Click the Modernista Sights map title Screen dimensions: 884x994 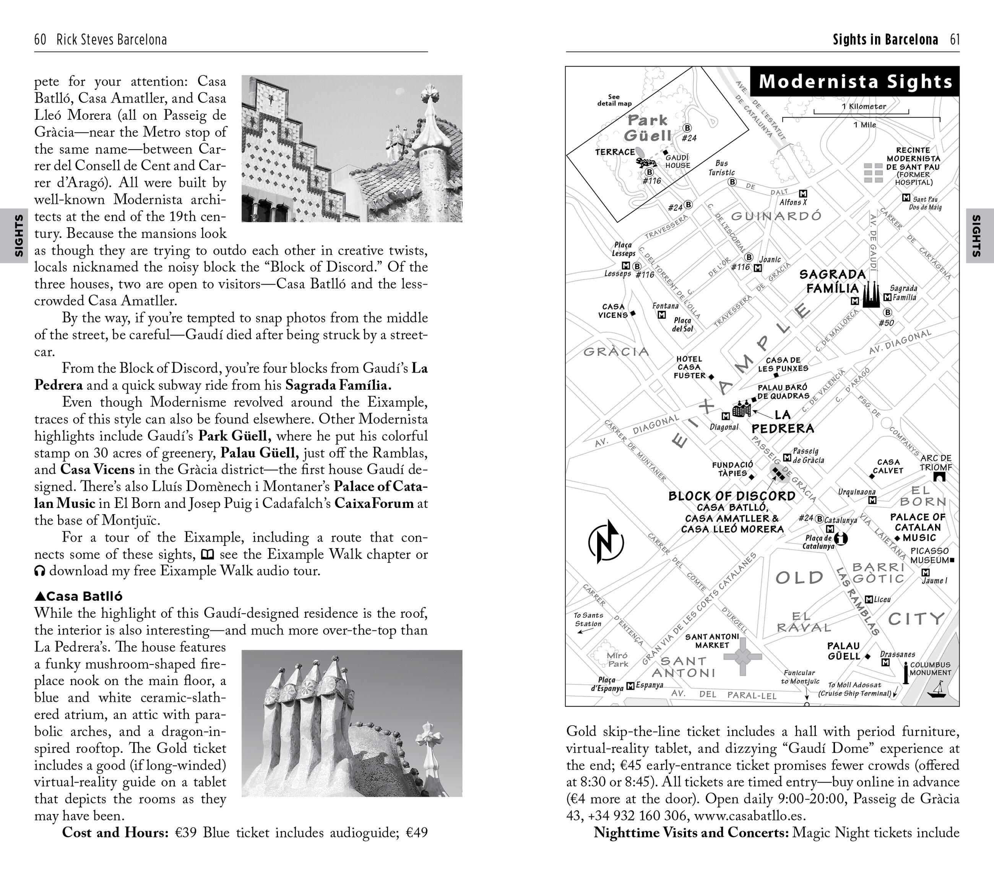coord(855,82)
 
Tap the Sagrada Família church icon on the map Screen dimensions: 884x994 coord(871,296)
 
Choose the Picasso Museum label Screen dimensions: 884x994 coord(929,555)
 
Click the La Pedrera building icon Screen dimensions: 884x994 coord(741,409)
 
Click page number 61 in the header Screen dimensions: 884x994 coord(955,40)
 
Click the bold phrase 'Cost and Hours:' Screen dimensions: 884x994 coord(115,832)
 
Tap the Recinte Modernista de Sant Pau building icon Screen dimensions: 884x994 coord(872,173)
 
